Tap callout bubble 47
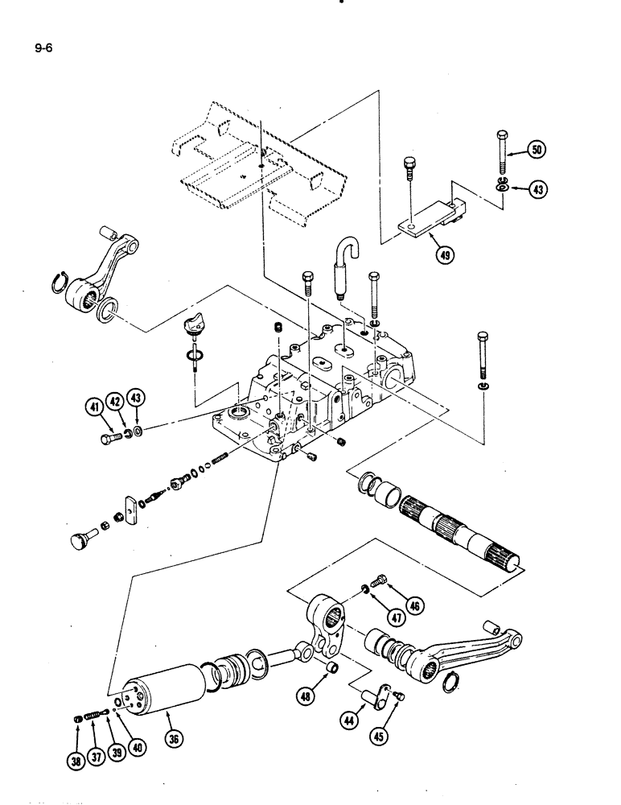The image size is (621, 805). [395, 617]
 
